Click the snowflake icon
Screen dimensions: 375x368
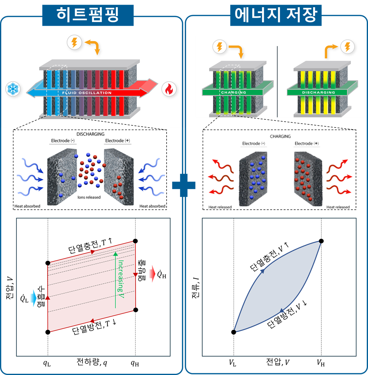pyautogui.click(x=13, y=89)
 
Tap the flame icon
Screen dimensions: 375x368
pyautogui.click(x=169, y=89)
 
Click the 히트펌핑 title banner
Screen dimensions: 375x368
pyautogui.click(x=87, y=15)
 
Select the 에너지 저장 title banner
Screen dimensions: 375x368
pyautogui.click(x=275, y=15)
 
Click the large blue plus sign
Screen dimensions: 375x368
pyautogui.click(x=184, y=185)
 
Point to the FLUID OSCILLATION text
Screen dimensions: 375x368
pyautogui.click(x=87, y=93)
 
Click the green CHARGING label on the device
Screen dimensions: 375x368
pyautogui.click(x=233, y=92)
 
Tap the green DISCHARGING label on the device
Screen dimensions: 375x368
pyautogui.click(x=319, y=92)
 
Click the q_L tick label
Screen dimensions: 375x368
pyautogui.click(x=47, y=363)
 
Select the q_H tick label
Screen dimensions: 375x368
pyautogui.click(x=135, y=363)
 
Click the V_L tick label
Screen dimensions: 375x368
pyautogui.click(x=232, y=363)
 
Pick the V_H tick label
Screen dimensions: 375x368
pyautogui.click(x=321, y=363)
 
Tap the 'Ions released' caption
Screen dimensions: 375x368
pyautogui.click(x=89, y=197)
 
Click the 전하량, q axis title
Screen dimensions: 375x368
pyautogui.click(x=92, y=362)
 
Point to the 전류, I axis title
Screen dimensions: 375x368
pyautogui.click(x=196, y=287)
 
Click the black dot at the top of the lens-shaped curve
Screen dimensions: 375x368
pyautogui.click(x=321, y=241)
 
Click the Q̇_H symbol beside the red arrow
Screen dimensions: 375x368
pyautogui.click(x=162, y=274)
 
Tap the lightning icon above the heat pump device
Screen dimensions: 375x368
pyautogui.click(x=74, y=43)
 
